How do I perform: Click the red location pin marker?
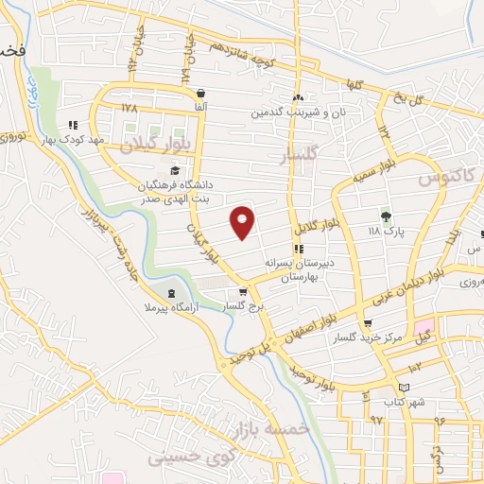coord(243,222)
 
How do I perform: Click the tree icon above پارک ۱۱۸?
coord(385,215)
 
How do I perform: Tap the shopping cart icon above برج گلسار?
coord(244,292)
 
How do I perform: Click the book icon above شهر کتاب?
coord(405,388)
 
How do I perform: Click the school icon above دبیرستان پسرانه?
coord(299,250)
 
